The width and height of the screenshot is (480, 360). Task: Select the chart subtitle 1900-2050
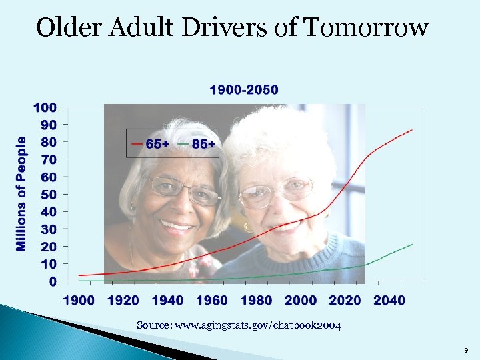244,90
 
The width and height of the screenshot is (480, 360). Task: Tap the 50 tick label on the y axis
49,195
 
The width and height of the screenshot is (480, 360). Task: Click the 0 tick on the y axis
53,281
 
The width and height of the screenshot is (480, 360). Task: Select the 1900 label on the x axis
79,301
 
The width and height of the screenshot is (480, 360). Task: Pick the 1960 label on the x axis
212,301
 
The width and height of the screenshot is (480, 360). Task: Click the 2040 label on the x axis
389,301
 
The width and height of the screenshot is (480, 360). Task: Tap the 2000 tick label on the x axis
301,301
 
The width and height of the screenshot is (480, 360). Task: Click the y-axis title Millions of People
21,194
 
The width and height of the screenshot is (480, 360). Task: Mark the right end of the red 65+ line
411,130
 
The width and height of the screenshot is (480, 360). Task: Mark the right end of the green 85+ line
412,245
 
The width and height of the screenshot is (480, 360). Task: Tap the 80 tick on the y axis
49,142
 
